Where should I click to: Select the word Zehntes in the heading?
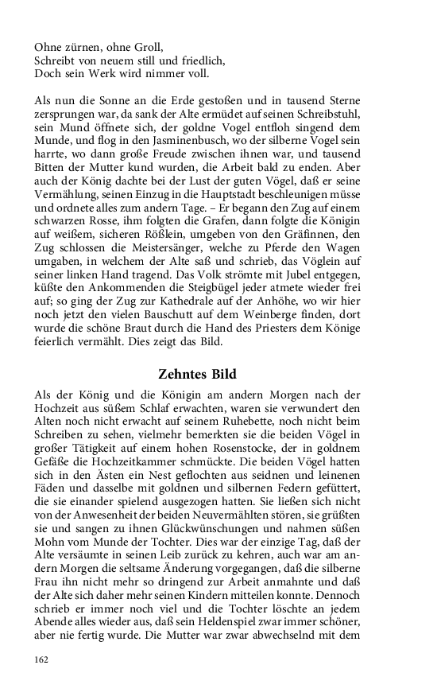(188, 373)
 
